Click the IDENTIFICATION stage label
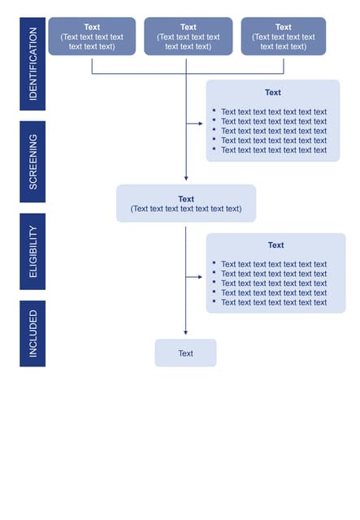click(33, 63)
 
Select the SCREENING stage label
click(33, 162)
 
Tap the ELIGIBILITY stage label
click(33, 251)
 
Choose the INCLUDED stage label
click(33, 332)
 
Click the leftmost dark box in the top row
click(92, 37)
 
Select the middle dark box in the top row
click(188, 37)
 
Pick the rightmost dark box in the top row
click(283, 37)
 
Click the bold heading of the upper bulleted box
click(273, 93)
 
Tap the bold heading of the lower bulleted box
click(275, 245)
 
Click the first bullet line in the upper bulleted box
click(273, 112)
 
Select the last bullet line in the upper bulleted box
click(273, 149)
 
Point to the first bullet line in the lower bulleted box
click(273, 264)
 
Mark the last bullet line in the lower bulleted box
click(273, 302)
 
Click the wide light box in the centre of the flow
click(186, 203)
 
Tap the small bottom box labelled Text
click(185, 353)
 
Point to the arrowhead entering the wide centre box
click(186, 178)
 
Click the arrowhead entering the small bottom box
click(185, 332)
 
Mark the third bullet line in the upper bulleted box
click(273, 131)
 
